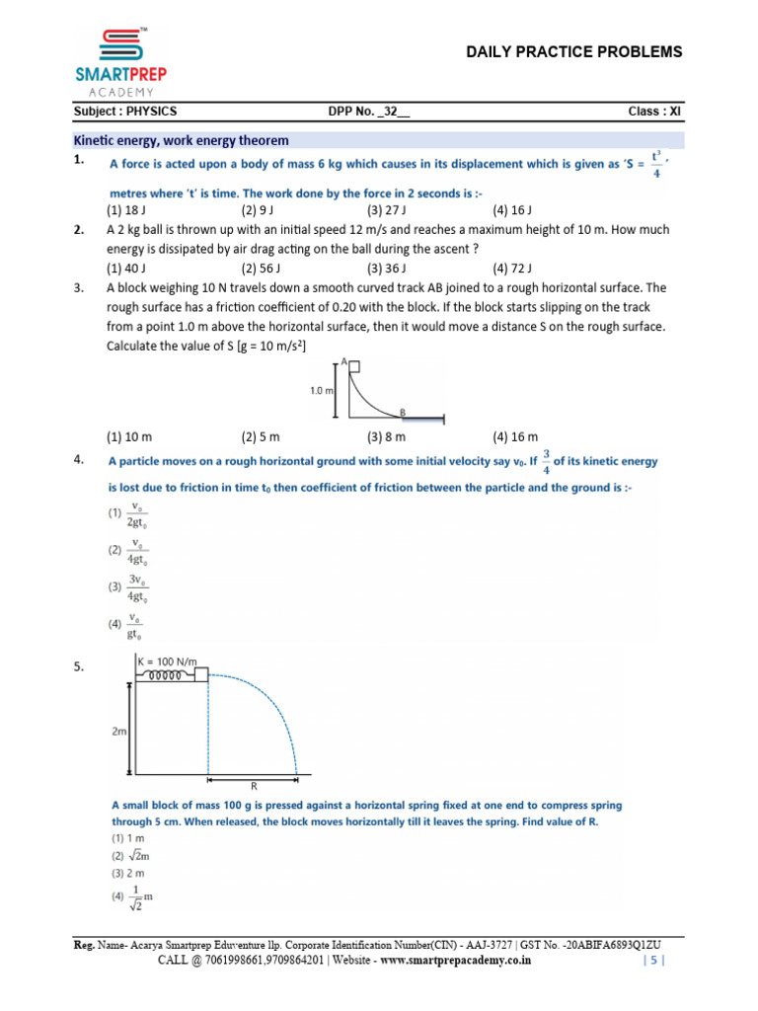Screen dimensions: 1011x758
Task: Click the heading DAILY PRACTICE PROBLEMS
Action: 573,52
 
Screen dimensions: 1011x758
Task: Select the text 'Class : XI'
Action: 654,112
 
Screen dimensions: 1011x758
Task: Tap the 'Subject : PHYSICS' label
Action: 126,112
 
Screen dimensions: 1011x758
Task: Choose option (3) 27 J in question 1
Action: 387,210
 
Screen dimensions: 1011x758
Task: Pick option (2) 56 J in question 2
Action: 262,268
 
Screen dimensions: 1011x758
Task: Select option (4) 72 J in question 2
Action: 512,268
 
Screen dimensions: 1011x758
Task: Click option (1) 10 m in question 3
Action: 129,436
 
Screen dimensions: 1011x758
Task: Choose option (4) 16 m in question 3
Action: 515,436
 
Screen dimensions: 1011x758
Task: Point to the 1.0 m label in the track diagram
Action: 322,391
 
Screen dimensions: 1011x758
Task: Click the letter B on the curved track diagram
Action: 402,411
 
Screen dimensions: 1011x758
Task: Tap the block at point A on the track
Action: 353,367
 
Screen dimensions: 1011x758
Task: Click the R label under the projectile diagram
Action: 253,786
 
